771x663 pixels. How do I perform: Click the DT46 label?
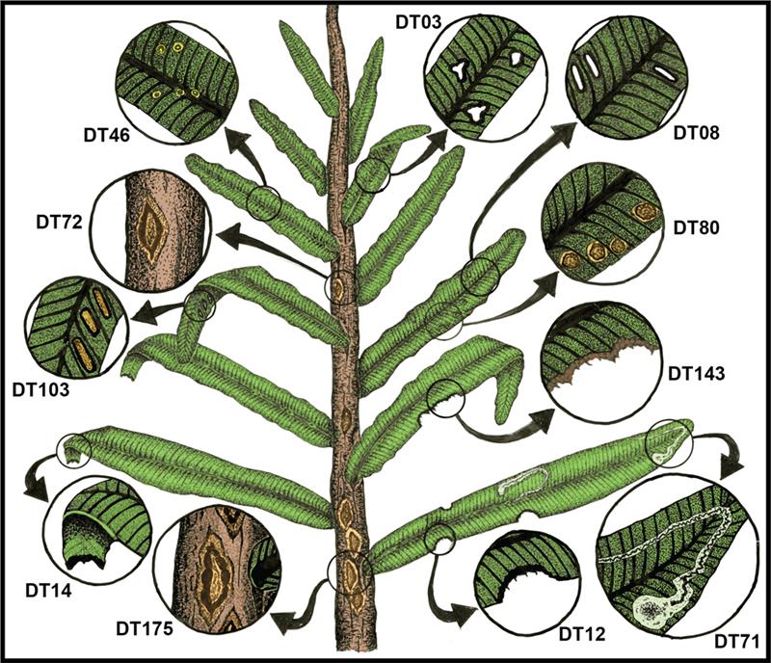coord(107,135)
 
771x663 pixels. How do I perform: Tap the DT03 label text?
coord(418,22)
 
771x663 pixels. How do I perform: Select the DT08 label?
coord(696,133)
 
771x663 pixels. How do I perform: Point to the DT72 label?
coord(59,223)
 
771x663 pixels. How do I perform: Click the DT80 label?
coord(696,227)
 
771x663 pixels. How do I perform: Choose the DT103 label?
coord(41,390)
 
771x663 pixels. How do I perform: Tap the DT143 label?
coord(696,374)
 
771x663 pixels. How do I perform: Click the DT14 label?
coord(48,590)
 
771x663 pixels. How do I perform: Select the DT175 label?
coord(145,629)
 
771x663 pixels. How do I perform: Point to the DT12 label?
coord(582,634)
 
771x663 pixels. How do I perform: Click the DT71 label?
coord(736,642)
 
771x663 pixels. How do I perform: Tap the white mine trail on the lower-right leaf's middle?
coord(522,480)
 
